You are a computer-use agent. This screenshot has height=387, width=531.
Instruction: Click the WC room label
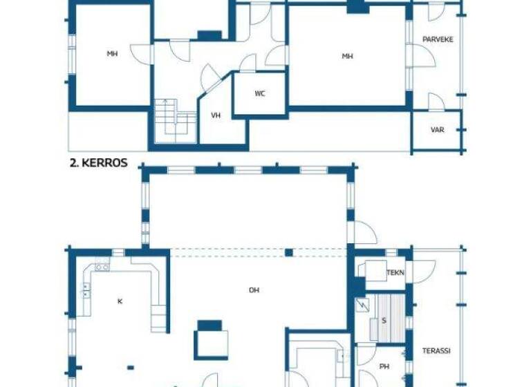260,93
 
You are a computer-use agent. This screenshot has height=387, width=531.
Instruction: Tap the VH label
216,115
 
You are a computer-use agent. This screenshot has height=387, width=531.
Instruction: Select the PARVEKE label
438,39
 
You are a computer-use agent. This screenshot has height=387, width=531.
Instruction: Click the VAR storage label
437,129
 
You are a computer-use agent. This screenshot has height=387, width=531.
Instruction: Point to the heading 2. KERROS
98,163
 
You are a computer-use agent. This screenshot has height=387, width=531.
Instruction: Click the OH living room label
254,290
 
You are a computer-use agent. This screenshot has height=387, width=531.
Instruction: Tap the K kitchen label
120,301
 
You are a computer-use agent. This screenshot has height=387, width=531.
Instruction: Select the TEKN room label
395,272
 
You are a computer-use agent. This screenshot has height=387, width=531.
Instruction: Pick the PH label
384,366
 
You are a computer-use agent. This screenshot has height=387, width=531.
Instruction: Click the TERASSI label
436,351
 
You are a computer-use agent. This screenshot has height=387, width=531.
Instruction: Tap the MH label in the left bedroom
112,53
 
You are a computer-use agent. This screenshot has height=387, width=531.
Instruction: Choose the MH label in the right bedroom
347,56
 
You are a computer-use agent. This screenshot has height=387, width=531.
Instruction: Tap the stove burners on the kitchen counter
102,267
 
